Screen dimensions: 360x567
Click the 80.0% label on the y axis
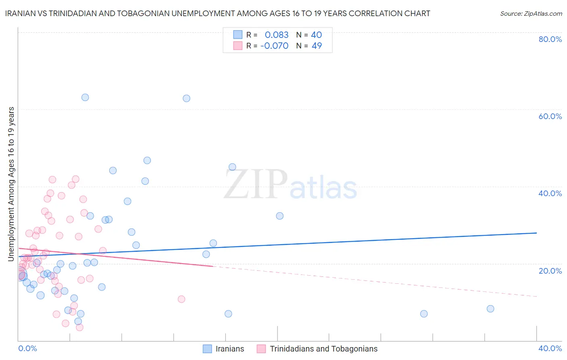pos(550,39)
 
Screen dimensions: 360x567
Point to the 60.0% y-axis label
pos(550,116)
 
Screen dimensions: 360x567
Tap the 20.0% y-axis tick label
pos(550,271)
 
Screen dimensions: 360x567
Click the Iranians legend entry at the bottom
pos(229,349)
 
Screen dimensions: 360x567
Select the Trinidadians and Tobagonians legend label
pos(323,349)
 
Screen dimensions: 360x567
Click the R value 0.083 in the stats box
pos(277,35)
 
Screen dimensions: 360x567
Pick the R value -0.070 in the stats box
pos(274,46)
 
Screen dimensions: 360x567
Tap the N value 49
pos(317,46)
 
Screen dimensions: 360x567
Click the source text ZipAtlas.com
pos(531,14)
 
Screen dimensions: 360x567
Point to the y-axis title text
pos(11,184)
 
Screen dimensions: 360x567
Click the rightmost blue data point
pos(490,309)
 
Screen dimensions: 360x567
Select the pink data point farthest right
pos(181,299)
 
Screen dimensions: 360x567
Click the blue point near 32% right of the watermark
pos(279,216)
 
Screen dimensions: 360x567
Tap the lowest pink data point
pos(79,327)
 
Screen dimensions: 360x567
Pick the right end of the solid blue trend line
pos(536,233)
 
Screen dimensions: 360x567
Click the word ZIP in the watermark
pos(256,185)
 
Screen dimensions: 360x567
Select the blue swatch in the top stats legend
pos(238,35)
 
